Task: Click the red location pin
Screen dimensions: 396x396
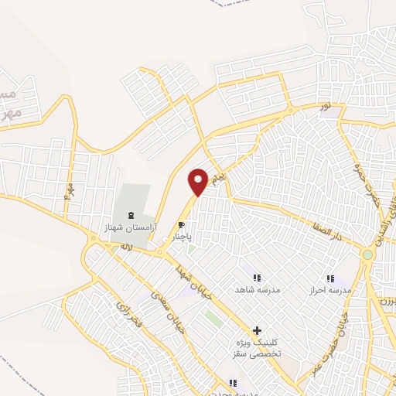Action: tap(199, 181)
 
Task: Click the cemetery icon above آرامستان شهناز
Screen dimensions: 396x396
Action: tap(130, 214)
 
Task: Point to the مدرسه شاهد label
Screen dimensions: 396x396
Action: tap(256, 289)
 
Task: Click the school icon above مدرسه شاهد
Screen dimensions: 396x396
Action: tap(257, 277)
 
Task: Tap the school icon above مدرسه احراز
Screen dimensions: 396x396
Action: tap(330, 278)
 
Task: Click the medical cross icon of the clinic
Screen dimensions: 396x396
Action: tap(257, 329)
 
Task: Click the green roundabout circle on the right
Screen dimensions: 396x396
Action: tap(368, 254)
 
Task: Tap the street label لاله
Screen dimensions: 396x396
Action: tap(125, 247)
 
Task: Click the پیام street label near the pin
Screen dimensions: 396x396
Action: tap(222, 177)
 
